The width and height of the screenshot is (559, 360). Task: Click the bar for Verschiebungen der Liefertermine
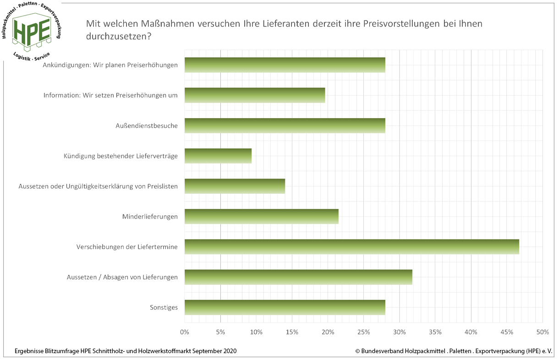pyautogui.click(x=351, y=246)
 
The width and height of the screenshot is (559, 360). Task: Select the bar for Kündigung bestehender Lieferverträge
pyautogui.click(x=218, y=156)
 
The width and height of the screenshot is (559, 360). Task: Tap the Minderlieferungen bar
pyautogui.click(x=261, y=216)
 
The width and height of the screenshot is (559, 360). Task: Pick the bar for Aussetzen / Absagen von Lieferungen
pyautogui.click(x=298, y=277)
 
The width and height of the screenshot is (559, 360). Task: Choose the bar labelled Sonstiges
pyautogui.click(x=285, y=307)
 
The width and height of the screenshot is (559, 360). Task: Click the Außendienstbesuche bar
pyautogui.click(x=285, y=125)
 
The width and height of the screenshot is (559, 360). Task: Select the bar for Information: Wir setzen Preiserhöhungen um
pyautogui.click(x=255, y=95)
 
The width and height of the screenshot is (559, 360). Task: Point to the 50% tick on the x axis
pyautogui.click(x=543, y=332)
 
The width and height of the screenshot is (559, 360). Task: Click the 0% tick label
pyautogui.click(x=185, y=332)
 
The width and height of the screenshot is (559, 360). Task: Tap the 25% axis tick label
pyautogui.click(x=363, y=332)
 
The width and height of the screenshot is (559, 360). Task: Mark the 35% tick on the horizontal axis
pyautogui.click(x=435, y=332)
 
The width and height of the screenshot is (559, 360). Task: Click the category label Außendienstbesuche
pyautogui.click(x=146, y=125)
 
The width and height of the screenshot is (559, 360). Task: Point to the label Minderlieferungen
pyautogui.click(x=150, y=216)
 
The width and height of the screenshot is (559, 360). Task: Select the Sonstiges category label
pyautogui.click(x=164, y=307)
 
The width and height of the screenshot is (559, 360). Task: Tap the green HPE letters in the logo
pyautogui.click(x=32, y=30)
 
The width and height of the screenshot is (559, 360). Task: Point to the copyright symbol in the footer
pyautogui.click(x=357, y=351)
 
